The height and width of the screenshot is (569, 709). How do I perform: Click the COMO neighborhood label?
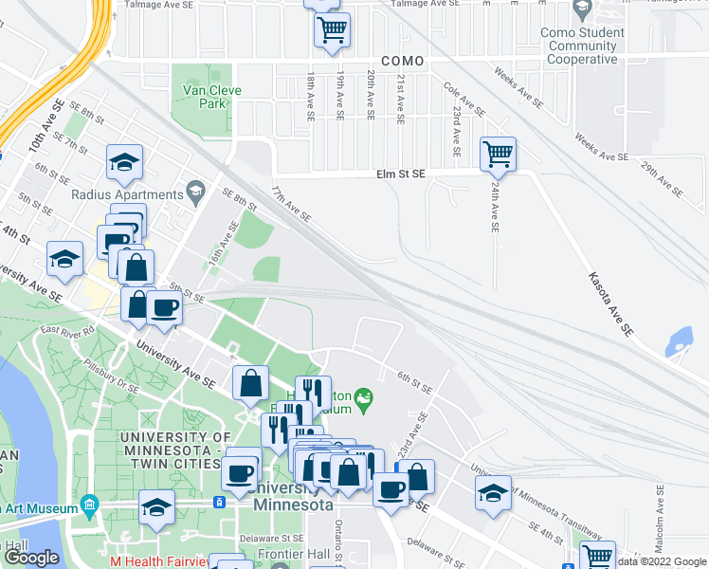pyautogui.click(x=402, y=61)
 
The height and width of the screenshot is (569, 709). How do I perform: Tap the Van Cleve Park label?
pyautogui.click(x=212, y=97)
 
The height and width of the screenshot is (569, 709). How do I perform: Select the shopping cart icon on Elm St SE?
pyautogui.click(x=498, y=153)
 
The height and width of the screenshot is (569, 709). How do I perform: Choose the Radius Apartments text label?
pyautogui.click(x=126, y=194)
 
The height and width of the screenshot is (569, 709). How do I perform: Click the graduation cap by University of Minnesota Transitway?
pyautogui.click(x=493, y=493)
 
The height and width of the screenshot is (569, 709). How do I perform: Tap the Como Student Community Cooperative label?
pyautogui.click(x=587, y=46)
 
